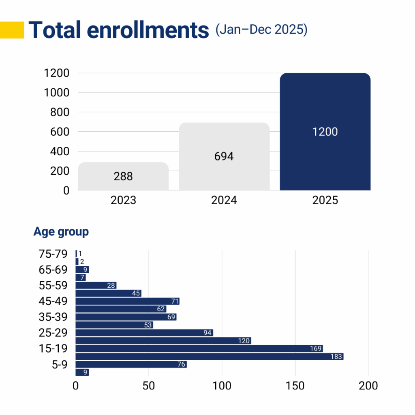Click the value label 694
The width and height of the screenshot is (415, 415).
pos(224,156)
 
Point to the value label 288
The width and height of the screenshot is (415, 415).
pos(123,177)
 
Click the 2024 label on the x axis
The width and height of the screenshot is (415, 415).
pos(224,201)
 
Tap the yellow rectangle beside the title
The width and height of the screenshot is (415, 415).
pos(12,30)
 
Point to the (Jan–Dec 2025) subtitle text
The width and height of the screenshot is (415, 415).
pos(261,30)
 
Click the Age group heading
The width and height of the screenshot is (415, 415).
pos(61,232)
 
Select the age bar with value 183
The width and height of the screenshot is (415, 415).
pos(209,357)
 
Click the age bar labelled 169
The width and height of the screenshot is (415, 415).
pos(199,349)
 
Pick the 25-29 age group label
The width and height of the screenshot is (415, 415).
pos(53,333)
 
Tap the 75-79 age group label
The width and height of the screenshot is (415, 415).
pos(53,254)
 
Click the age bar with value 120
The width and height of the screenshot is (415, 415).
pos(163,341)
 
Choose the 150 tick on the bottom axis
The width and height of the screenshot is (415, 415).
pos(295,385)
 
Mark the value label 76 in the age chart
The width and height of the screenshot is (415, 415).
pos(181,364)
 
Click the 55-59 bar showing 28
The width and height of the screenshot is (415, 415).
pos(96,285)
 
